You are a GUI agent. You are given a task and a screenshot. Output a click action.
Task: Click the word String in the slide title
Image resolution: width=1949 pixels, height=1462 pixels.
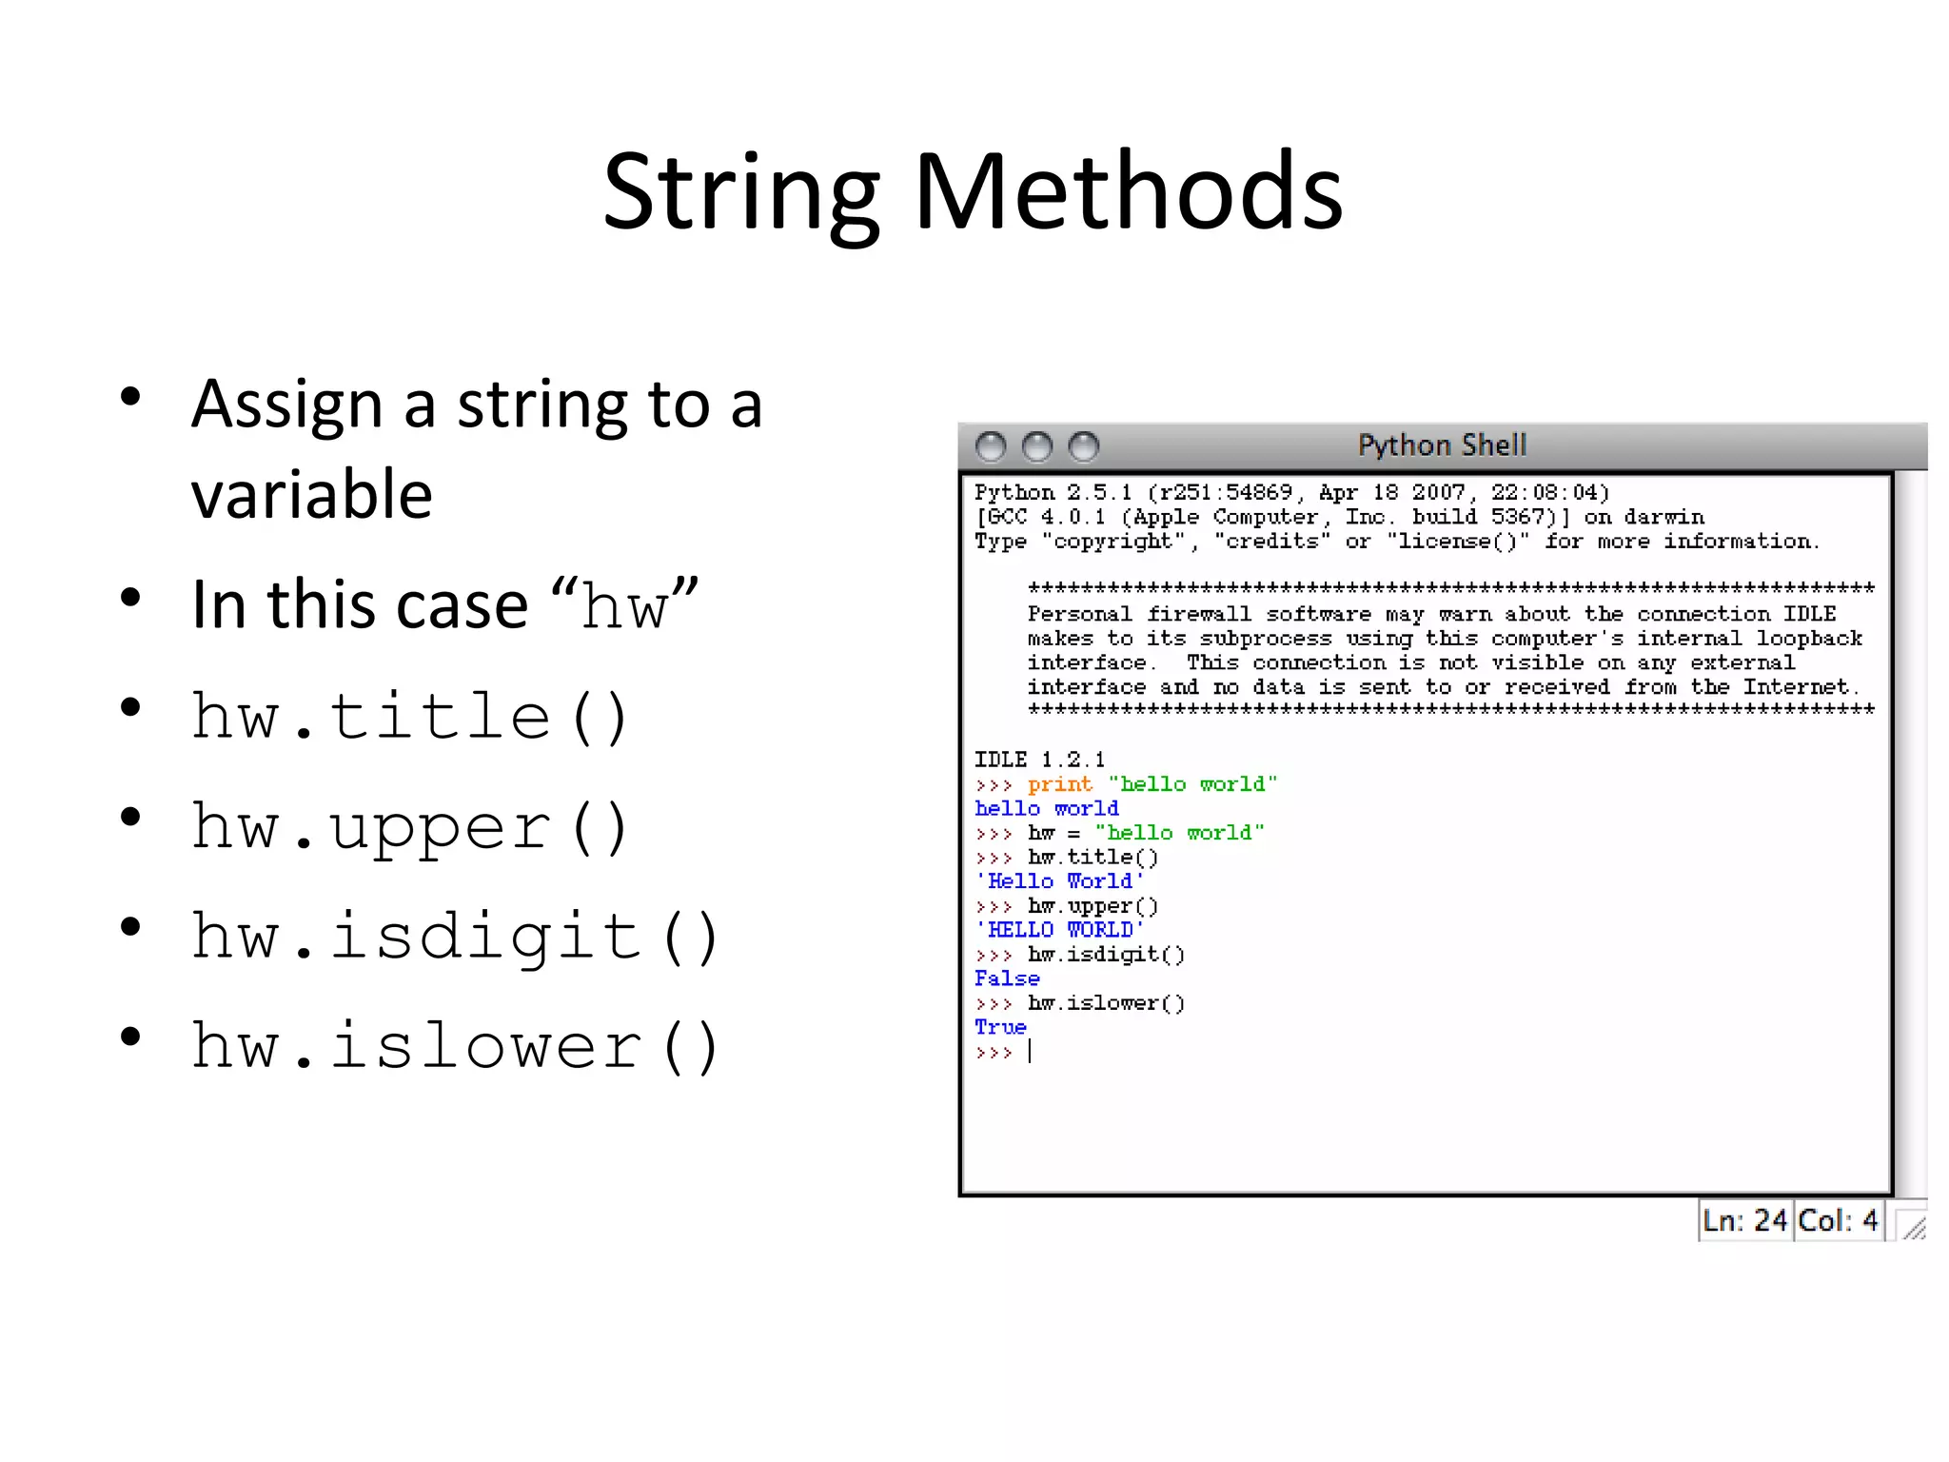(x=741, y=192)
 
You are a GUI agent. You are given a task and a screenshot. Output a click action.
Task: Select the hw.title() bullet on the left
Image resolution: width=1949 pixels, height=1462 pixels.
(x=409, y=717)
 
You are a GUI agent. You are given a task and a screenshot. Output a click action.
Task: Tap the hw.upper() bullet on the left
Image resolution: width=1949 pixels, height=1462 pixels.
(x=409, y=827)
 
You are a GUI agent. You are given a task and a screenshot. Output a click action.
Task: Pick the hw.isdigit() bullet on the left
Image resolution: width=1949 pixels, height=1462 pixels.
(x=454, y=937)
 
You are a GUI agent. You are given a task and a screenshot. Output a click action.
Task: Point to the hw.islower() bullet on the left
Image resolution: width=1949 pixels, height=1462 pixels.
(x=454, y=1046)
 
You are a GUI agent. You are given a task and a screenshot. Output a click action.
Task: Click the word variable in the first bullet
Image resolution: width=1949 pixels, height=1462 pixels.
(x=312, y=495)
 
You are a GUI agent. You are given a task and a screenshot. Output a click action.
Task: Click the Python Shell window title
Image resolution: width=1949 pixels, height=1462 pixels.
(x=1441, y=445)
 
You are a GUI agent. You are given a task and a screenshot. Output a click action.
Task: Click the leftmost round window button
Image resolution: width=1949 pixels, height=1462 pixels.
(x=991, y=446)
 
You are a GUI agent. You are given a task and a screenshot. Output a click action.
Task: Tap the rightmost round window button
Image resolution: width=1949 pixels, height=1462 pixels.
(x=1083, y=446)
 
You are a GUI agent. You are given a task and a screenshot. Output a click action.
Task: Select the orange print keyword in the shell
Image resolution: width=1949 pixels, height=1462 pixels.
(x=1059, y=784)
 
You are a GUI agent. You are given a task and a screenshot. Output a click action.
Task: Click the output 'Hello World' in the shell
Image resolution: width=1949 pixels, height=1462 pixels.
(x=1059, y=881)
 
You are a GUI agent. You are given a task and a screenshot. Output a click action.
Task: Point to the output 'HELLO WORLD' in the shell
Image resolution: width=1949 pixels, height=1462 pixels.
(x=1059, y=930)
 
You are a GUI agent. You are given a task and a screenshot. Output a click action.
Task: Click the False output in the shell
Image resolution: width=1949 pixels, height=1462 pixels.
(x=1007, y=978)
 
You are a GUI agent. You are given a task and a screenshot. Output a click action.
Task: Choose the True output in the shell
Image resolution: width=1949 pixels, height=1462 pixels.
(x=1000, y=1027)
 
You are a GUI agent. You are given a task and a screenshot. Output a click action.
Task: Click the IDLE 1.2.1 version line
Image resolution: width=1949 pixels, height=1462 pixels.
(x=1039, y=760)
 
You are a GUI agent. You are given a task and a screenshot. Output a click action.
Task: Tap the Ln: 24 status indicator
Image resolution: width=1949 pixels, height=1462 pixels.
(x=1744, y=1220)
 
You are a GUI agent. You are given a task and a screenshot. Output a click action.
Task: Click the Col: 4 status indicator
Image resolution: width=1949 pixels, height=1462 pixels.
(x=1838, y=1220)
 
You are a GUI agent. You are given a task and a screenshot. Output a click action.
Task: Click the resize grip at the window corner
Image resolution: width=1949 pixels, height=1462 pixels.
(x=1913, y=1226)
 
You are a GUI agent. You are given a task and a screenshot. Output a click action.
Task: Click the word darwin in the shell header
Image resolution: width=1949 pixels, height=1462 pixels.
(x=1664, y=517)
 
